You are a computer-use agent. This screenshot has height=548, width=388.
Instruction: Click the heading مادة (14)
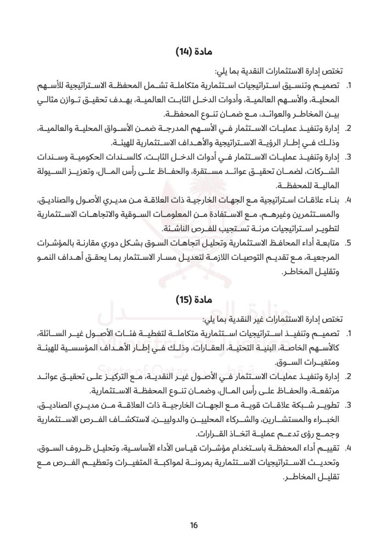click(193, 52)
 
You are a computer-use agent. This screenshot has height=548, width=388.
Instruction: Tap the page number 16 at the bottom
click(193, 527)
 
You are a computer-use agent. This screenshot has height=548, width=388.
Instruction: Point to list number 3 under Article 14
click(348, 158)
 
